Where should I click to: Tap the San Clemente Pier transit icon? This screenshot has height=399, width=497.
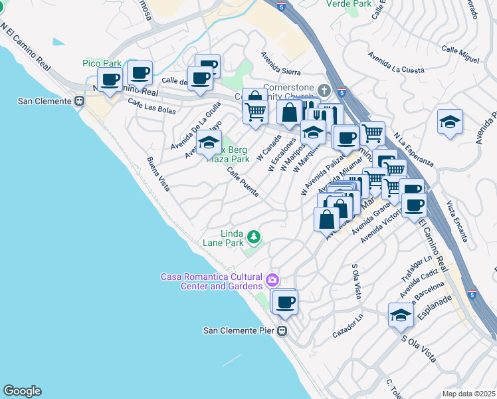tap(282, 331)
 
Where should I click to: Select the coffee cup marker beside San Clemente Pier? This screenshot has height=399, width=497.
tap(286, 303)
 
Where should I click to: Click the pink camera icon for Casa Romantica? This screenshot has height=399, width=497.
tap(271, 279)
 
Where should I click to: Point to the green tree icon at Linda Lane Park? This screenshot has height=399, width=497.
tap(252, 236)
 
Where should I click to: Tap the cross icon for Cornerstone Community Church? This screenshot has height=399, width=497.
tap(324, 90)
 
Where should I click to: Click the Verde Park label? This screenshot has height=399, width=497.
tap(348, 3)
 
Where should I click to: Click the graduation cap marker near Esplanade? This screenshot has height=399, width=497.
tap(401, 316)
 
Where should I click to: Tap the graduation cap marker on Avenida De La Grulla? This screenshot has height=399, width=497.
tap(209, 142)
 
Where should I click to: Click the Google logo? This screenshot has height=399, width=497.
tap(22, 390)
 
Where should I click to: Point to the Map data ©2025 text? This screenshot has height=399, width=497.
tap(468, 394)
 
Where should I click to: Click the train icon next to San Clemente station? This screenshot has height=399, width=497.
tap(79, 101)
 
